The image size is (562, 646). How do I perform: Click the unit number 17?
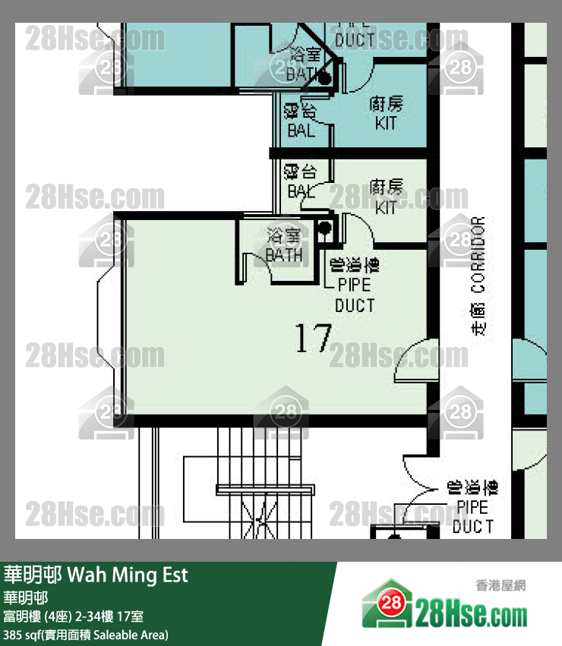pos(313,339)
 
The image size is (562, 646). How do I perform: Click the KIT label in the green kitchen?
pos(386,206)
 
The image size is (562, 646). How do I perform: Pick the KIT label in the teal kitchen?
pos(386,122)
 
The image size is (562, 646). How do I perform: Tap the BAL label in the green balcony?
pos(302,191)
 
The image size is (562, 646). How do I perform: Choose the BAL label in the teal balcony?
pos(302,130)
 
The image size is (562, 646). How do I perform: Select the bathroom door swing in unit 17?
pos(250,265)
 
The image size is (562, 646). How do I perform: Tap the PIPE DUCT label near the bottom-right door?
pos(472,516)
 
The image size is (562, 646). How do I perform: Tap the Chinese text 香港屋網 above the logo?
pos(500,585)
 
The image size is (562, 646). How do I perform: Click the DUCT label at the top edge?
pos(355,39)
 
